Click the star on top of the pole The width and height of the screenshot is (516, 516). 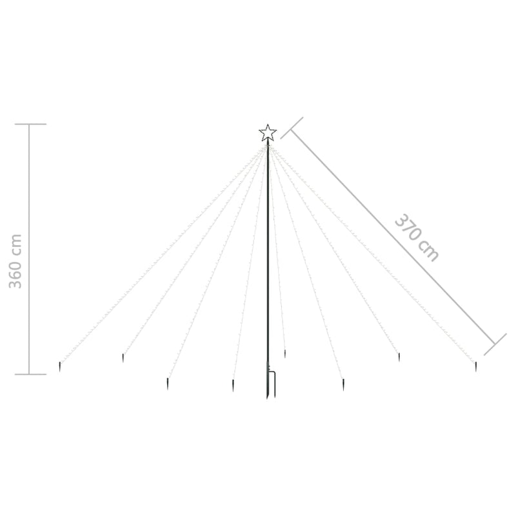[268, 134]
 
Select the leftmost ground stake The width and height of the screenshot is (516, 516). [60, 366]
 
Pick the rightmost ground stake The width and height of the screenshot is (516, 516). [476, 366]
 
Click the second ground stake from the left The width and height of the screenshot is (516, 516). [123, 358]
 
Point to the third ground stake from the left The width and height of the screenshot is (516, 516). [168, 384]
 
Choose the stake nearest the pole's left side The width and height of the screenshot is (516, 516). [233, 385]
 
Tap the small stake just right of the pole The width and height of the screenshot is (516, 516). [285, 354]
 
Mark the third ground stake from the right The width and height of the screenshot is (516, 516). [343, 384]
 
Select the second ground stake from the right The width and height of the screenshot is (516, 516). [399, 357]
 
